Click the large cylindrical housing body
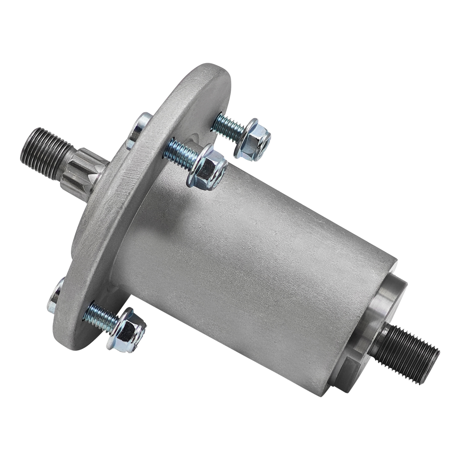coord(248,255)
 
